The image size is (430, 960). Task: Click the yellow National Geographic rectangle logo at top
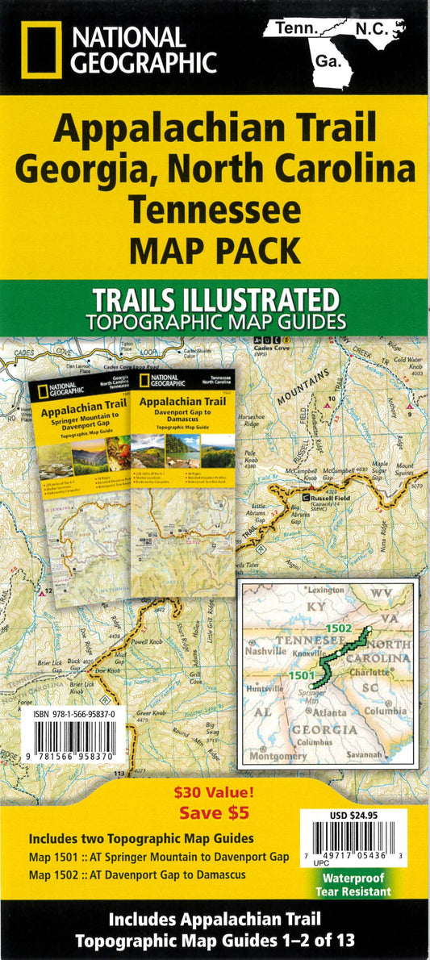pos(40,50)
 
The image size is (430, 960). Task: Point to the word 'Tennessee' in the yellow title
pos(215,209)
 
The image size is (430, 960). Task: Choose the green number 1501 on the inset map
pos(300,676)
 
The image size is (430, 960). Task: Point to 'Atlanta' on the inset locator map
pos(329,713)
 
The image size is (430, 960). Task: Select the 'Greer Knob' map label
pos(151,714)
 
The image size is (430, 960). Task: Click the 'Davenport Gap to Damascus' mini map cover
pos(183,482)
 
